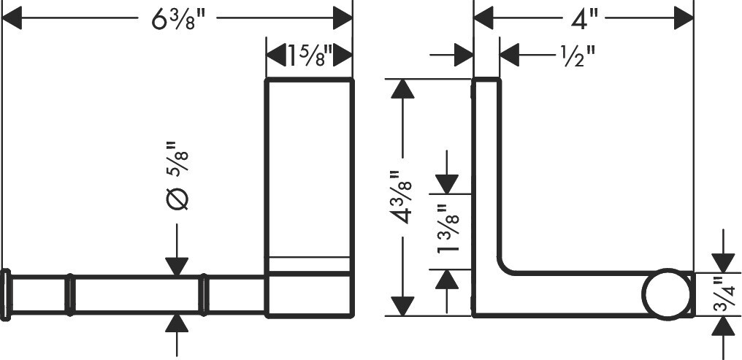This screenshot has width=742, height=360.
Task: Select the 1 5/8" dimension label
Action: (310, 55)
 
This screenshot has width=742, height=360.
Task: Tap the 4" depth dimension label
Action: (585, 19)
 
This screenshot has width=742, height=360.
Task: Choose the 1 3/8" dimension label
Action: (448, 229)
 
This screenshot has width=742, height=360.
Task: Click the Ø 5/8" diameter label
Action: (178, 175)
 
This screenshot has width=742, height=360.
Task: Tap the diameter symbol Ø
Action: (178, 198)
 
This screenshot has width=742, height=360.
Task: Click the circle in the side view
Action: (667, 294)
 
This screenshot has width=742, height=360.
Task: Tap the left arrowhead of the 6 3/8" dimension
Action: (12, 18)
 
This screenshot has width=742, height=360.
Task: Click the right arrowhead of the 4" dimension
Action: (684, 18)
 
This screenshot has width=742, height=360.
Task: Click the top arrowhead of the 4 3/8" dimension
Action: (402, 88)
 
